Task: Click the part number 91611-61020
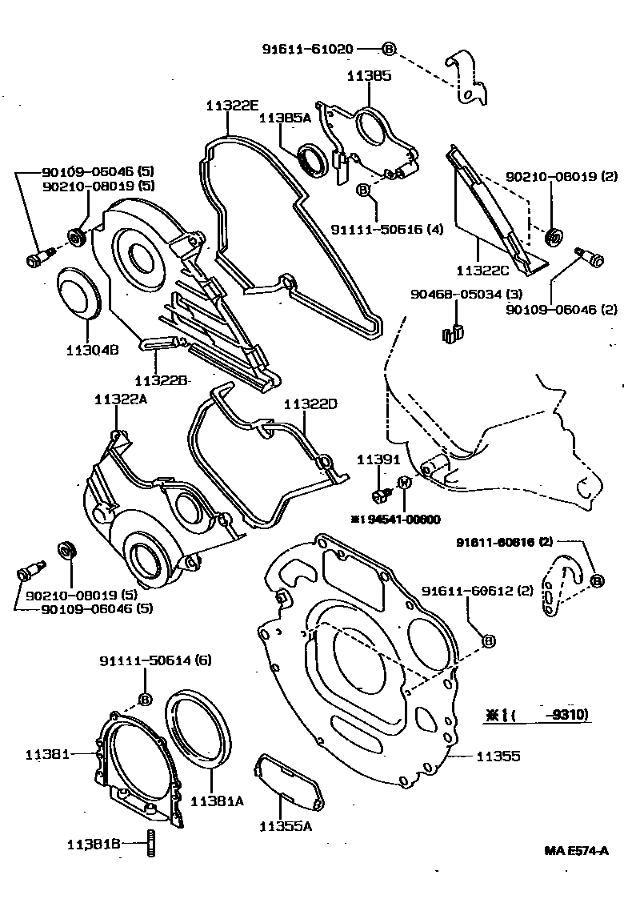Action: (308, 49)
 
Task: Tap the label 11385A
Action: (285, 118)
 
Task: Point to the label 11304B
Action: (94, 350)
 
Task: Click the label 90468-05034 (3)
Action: (458, 295)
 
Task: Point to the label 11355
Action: (498, 755)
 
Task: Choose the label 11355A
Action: (285, 825)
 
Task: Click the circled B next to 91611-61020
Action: (389, 49)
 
